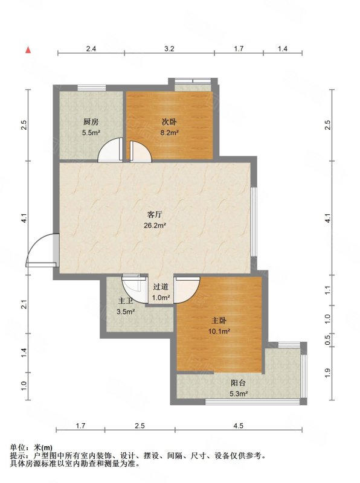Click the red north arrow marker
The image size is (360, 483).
click(28, 50)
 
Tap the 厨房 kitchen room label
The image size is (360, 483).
click(91, 122)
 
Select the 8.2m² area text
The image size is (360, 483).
click(170, 133)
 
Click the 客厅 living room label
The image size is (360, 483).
click(155, 214)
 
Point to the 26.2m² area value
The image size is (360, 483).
click(155, 225)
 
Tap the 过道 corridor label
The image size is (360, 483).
click(161, 287)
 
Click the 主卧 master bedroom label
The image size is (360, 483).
click(219, 321)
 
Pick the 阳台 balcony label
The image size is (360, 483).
click(239, 383)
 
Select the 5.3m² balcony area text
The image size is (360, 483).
click(239, 394)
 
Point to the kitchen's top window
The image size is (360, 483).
click(92, 88)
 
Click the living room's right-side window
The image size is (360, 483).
click(254, 222)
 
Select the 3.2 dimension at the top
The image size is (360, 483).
click(169, 48)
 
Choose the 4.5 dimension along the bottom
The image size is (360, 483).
click(238, 426)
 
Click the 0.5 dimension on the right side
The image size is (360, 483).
click(327, 339)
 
